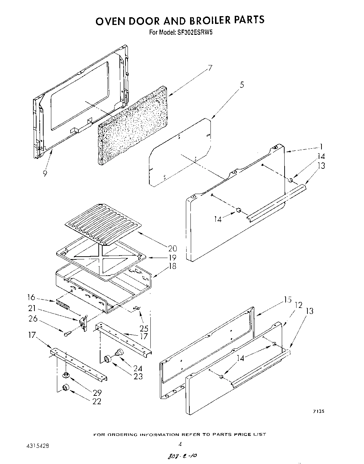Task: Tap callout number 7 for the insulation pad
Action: point(210,68)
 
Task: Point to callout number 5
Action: point(242,85)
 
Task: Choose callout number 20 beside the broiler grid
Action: point(173,249)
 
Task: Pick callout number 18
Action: point(173,266)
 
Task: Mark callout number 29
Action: point(97,392)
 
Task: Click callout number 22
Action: point(97,401)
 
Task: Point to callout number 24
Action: point(138,368)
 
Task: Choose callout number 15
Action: point(288,300)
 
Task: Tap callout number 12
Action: point(299,305)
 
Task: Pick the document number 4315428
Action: point(38,445)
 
